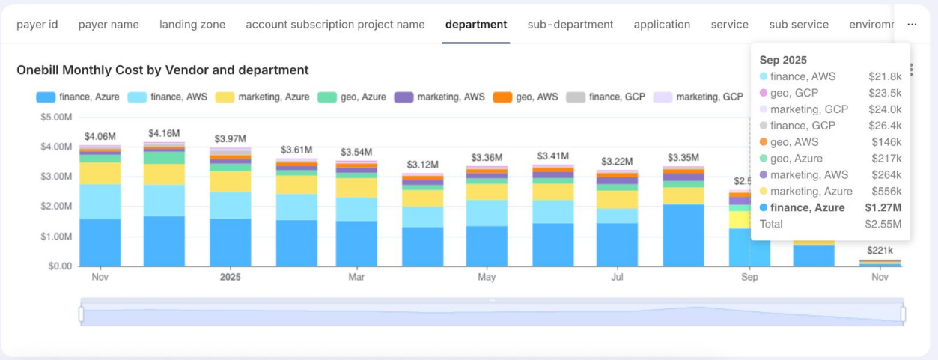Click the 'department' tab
475,25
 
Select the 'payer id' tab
37,25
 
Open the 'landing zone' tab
192,25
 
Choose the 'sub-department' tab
570,25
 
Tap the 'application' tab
662,25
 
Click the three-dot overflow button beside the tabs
911,25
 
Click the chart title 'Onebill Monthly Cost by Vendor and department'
162,70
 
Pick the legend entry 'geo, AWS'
526,97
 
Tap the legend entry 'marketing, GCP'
699,97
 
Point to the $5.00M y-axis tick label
58,118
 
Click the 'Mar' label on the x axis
356,278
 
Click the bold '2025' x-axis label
231,278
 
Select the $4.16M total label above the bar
163,133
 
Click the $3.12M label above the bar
422,165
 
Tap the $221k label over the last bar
880,251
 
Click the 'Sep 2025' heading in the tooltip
782,60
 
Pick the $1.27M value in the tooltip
883,208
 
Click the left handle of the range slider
81,314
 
